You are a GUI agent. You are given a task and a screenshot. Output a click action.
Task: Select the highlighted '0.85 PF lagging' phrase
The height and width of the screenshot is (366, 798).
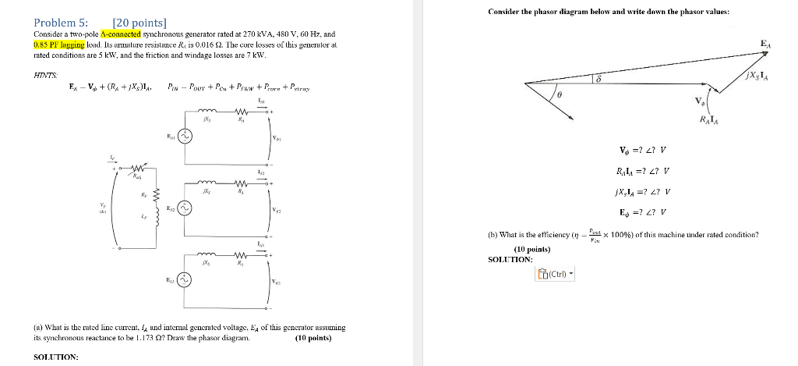(59, 44)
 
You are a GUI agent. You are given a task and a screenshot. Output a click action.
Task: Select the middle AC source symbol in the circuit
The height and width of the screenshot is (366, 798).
(185, 208)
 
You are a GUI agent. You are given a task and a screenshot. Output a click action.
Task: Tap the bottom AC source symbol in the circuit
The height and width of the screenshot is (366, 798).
(185, 281)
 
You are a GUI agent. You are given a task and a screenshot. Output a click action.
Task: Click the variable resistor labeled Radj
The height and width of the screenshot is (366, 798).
(138, 168)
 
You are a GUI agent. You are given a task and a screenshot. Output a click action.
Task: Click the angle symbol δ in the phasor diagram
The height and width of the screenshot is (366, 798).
(598, 80)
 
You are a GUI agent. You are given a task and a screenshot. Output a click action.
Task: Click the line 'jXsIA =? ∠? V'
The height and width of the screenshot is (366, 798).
(644, 192)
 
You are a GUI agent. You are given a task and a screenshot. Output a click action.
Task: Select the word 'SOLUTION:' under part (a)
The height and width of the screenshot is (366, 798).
(56, 357)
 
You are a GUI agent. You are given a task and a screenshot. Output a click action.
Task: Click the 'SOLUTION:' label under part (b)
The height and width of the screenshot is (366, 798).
(510, 259)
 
